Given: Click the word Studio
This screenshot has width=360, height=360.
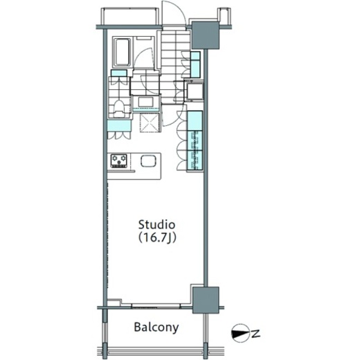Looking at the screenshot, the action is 156,224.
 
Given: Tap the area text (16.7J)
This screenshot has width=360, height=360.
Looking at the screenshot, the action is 157,237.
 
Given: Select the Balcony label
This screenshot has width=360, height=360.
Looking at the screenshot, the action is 156,327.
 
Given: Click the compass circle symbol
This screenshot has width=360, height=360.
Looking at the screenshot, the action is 240,333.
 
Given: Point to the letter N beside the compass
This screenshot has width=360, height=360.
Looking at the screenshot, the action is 255,333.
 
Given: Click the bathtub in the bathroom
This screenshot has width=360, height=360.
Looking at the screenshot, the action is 123,53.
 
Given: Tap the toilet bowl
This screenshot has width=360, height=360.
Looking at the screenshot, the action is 119,109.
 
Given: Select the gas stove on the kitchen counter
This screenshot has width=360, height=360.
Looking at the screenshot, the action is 119,161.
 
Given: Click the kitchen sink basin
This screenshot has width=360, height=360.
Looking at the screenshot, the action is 148,161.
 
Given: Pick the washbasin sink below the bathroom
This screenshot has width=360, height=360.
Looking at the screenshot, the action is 145,102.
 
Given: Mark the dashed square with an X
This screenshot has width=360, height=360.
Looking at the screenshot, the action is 150,123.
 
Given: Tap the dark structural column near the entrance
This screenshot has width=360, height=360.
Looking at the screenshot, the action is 205,35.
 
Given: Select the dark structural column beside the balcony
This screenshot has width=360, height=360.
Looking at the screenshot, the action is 206,300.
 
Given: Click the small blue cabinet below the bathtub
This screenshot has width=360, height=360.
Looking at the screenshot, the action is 119,73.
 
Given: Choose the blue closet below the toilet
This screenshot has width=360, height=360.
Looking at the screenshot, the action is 119,126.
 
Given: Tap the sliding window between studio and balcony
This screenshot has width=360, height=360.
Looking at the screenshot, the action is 156,306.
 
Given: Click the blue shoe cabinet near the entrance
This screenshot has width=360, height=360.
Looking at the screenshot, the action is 195,64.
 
